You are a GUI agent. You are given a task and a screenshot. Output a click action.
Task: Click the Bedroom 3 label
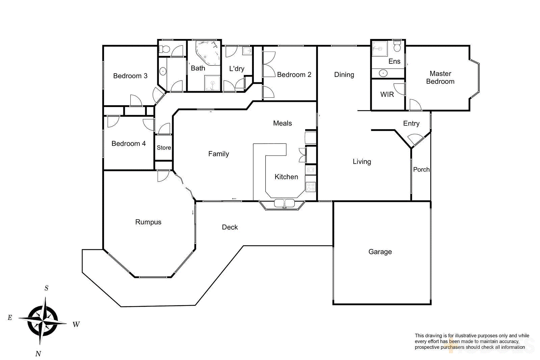point(130,76)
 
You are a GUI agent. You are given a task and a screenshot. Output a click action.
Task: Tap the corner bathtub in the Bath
point(207,52)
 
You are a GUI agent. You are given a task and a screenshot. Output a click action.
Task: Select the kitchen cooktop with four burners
point(310,187)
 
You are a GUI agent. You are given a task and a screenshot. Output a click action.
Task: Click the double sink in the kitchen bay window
point(284,203)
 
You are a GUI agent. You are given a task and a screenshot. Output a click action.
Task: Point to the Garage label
point(380,252)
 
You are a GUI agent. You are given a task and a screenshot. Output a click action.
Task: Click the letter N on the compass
point(38,354)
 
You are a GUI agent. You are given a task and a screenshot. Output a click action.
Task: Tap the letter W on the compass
point(76,325)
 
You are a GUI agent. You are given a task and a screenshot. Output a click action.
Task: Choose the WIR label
point(387,94)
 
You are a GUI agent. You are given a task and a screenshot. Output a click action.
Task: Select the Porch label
point(421,169)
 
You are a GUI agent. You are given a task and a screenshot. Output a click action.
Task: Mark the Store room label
point(164,148)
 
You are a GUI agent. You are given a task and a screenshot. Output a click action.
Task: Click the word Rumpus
point(148,222)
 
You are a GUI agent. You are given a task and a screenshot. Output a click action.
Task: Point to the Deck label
point(230,227)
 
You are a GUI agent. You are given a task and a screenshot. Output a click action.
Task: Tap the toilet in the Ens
point(397,46)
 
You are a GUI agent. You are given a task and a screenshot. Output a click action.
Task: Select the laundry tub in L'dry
point(247,51)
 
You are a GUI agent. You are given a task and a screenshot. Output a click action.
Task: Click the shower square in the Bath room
point(212,83)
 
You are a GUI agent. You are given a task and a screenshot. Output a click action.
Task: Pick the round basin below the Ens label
point(383,73)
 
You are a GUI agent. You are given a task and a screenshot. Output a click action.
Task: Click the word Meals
point(282,123)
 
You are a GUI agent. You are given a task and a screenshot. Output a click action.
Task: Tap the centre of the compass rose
point(43,320)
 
